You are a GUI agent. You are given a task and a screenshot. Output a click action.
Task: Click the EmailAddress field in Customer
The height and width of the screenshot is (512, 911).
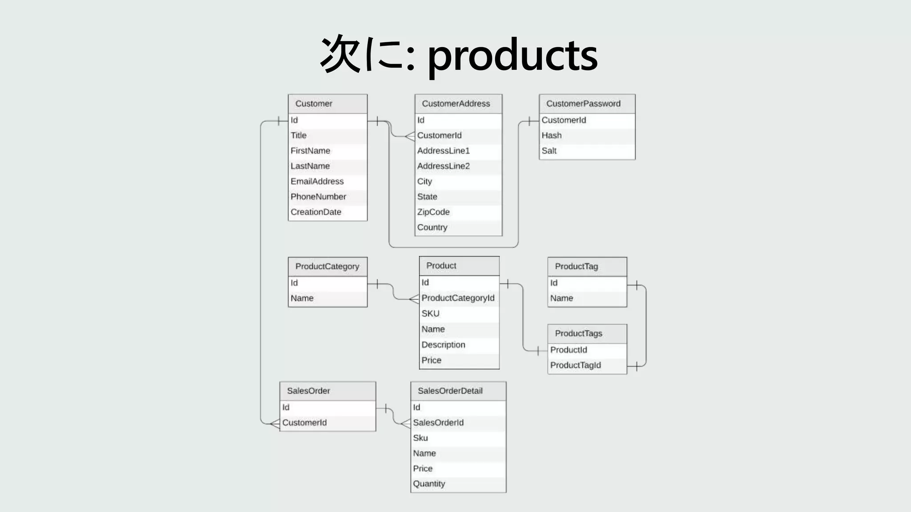(317, 181)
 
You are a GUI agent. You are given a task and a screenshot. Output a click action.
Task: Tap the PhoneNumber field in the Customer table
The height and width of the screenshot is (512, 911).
(318, 196)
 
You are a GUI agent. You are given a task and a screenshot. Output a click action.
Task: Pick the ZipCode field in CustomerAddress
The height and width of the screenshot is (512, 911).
(433, 212)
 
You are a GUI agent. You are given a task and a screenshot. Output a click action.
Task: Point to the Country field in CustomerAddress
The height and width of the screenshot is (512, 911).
(432, 227)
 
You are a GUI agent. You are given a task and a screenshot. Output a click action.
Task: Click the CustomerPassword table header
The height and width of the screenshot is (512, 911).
(583, 104)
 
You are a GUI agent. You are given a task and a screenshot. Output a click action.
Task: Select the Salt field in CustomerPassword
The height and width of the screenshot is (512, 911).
(549, 151)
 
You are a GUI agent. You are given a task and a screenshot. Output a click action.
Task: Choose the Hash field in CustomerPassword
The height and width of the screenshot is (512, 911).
(552, 135)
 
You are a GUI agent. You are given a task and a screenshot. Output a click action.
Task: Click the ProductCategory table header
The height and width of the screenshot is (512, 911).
(327, 266)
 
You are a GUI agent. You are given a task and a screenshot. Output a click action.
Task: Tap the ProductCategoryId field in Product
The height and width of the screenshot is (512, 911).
(458, 298)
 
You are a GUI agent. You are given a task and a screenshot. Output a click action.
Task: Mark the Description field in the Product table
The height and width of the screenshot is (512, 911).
(443, 344)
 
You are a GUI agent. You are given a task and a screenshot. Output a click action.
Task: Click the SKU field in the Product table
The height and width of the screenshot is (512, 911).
(431, 313)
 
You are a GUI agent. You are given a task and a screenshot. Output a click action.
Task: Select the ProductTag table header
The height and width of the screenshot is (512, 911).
(576, 266)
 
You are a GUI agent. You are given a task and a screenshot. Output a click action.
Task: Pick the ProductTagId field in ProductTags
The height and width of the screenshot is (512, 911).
(575, 365)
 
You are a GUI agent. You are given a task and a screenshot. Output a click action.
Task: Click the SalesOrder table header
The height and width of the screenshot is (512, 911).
(308, 391)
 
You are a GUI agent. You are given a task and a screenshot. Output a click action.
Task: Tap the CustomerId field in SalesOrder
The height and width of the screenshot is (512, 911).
(304, 423)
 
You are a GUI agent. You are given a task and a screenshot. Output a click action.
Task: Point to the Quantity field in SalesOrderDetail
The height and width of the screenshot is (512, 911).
(429, 484)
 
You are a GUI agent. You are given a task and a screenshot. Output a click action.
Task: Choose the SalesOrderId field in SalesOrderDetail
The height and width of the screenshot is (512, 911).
(438, 423)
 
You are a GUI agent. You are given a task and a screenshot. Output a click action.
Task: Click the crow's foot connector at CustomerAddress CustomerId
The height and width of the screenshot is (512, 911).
(410, 136)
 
